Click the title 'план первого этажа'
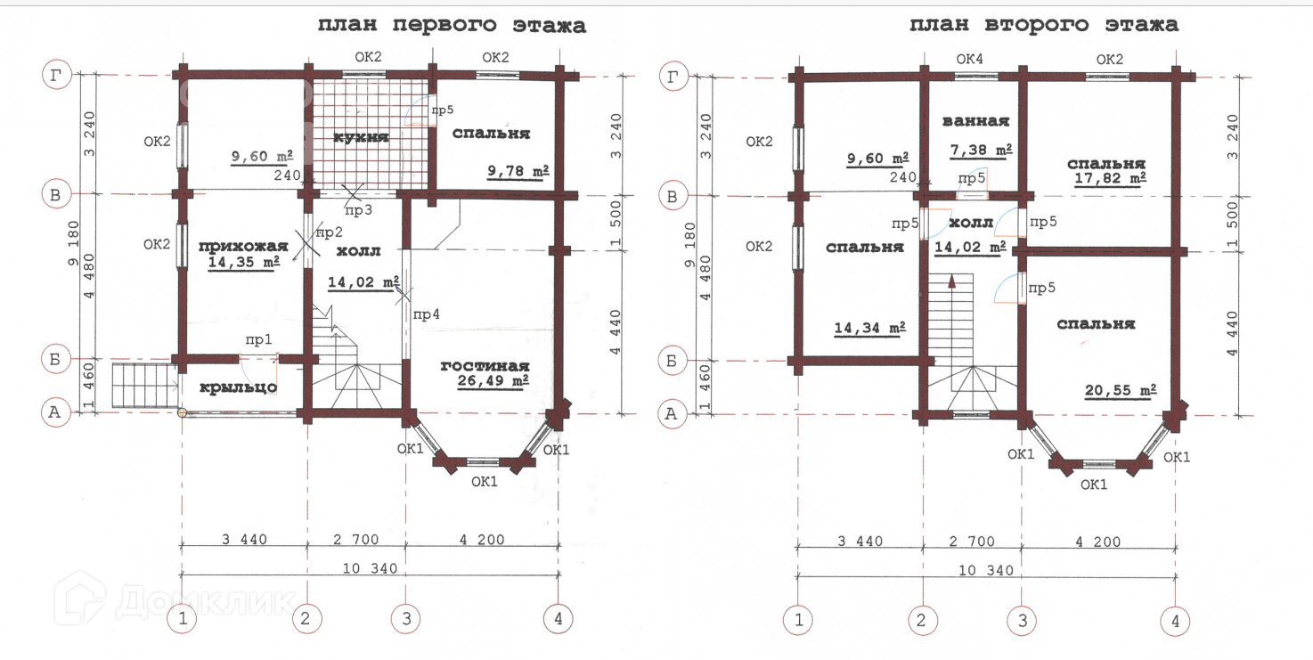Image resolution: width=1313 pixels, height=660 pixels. [x=452, y=25]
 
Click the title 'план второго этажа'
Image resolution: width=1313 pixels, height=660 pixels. [x=1043, y=25]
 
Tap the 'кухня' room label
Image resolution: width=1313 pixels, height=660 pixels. [x=361, y=137]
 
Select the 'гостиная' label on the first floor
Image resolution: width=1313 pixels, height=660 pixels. [x=485, y=366]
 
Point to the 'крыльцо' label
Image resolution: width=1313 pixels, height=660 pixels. [x=239, y=387]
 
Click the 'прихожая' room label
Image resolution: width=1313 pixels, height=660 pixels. [x=243, y=246]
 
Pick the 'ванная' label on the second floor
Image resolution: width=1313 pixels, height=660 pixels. [x=976, y=121]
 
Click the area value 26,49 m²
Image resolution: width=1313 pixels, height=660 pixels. [x=493, y=381]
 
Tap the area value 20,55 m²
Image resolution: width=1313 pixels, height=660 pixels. [x=1121, y=390]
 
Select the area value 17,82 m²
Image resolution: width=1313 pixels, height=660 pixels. [x=1110, y=178]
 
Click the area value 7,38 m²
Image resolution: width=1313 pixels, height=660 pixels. [x=981, y=151]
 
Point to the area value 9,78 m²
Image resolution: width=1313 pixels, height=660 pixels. [x=518, y=171]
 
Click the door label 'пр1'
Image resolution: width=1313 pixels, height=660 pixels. [x=258, y=340]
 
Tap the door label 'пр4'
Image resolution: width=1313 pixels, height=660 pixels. [x=426, y=314]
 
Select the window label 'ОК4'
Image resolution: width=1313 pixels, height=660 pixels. [x=969, y=59]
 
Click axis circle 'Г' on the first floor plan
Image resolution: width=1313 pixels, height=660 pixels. [x=57, y=75]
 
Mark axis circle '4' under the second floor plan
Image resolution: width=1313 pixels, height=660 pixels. [x=1175, y=621]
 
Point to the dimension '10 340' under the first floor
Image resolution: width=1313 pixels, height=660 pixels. [x=370, y=568]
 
